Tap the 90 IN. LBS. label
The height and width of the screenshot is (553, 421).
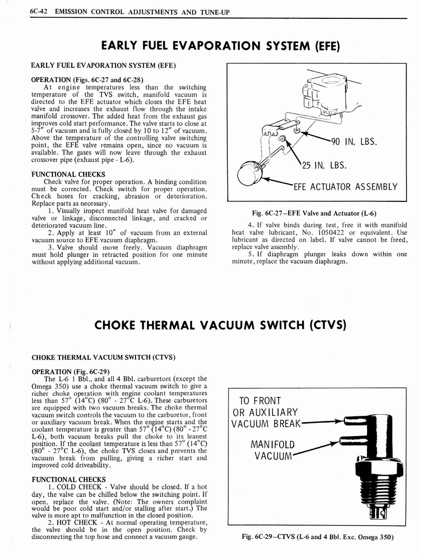[x=354, y=143]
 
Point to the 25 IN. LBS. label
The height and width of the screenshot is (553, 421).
[x=323, y=165]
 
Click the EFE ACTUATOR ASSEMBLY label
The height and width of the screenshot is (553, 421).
[x=345, y=187]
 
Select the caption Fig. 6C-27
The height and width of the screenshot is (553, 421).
[x=317, y=213]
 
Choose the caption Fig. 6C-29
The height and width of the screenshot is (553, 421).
[x=317, y=537]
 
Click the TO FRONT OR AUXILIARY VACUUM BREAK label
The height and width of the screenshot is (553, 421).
[x=264, y=412]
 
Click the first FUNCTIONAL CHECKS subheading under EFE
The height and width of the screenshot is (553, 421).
[x=69, y=174]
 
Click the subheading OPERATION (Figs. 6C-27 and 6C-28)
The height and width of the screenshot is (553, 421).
[x=87, y=79]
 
